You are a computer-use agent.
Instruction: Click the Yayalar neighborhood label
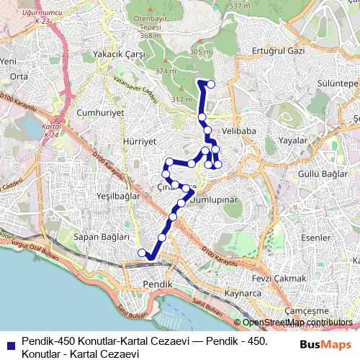click(x=293, y=141)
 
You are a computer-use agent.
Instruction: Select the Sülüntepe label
click(x=332, y=84)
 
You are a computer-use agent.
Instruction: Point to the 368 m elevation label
click(x=150, y=35)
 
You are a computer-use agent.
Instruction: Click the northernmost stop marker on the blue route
click(x=210, y=84)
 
